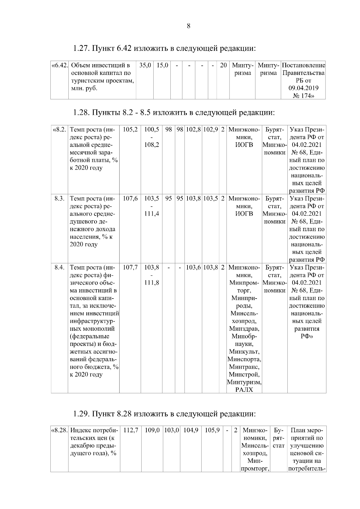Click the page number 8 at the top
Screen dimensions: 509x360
(x=188, y=26)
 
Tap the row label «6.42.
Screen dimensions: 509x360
(x=60, y=65)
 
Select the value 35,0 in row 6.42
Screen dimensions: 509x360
(x=145, y=65)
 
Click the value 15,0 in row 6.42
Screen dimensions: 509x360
(x=162, y=65)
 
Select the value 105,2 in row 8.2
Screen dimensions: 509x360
(x=130, y=129)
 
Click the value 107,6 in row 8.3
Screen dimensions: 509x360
(x=130, y=198)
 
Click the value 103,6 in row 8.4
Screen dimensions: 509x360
(x=193, y=267)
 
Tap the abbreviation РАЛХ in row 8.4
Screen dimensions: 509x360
(x=244, y=390)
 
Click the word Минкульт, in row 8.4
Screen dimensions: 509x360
(x=244, y=351)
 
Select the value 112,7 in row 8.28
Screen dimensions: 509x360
(x=131, y=430)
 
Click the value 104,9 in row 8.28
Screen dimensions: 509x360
(x=191, y=430)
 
